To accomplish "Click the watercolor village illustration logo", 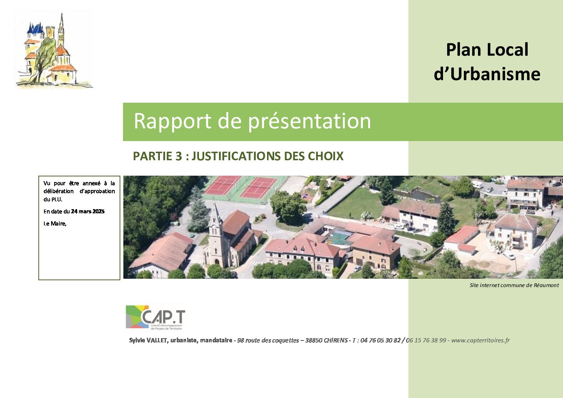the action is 54,50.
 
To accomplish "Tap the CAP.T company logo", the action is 156,317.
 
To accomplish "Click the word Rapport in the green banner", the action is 172,121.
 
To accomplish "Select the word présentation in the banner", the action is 310,121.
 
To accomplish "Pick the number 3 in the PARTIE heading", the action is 179,156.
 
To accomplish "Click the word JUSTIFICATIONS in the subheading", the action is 236,156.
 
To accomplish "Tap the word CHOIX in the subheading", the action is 326,156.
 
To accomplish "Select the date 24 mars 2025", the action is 88,211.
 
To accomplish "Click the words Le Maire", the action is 55,223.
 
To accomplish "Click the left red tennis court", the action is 222,185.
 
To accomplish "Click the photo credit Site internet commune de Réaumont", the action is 514,285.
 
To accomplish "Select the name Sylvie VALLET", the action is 148,340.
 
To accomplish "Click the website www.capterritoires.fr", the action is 480,340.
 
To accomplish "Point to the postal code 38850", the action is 313,340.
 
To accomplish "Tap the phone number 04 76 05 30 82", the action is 380,340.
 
